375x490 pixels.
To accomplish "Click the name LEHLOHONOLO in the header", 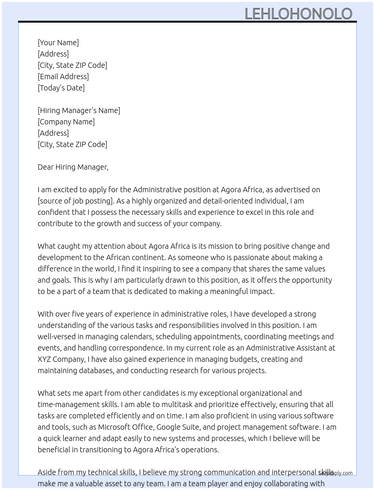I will pyautogui.click(x=298, y=14).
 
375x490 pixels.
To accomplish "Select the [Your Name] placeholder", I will pyautogui.click(x=58, y=43).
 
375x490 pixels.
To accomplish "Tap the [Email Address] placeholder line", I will pyautogui.click(x=63, y=77).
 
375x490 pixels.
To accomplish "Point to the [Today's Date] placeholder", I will pyautogui.click(x=61, y=88).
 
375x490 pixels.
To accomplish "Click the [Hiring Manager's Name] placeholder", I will pyautogui.click(x=79, y=110).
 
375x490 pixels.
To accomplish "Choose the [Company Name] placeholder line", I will pyautogui.click(x=66, y=122).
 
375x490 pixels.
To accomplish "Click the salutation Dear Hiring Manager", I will pyautogui.click(x=73, y=167).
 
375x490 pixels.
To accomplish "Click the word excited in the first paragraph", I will pyautogui.click(x=66, y=190).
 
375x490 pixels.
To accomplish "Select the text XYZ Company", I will pyautogui.click(x=61, y=359).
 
